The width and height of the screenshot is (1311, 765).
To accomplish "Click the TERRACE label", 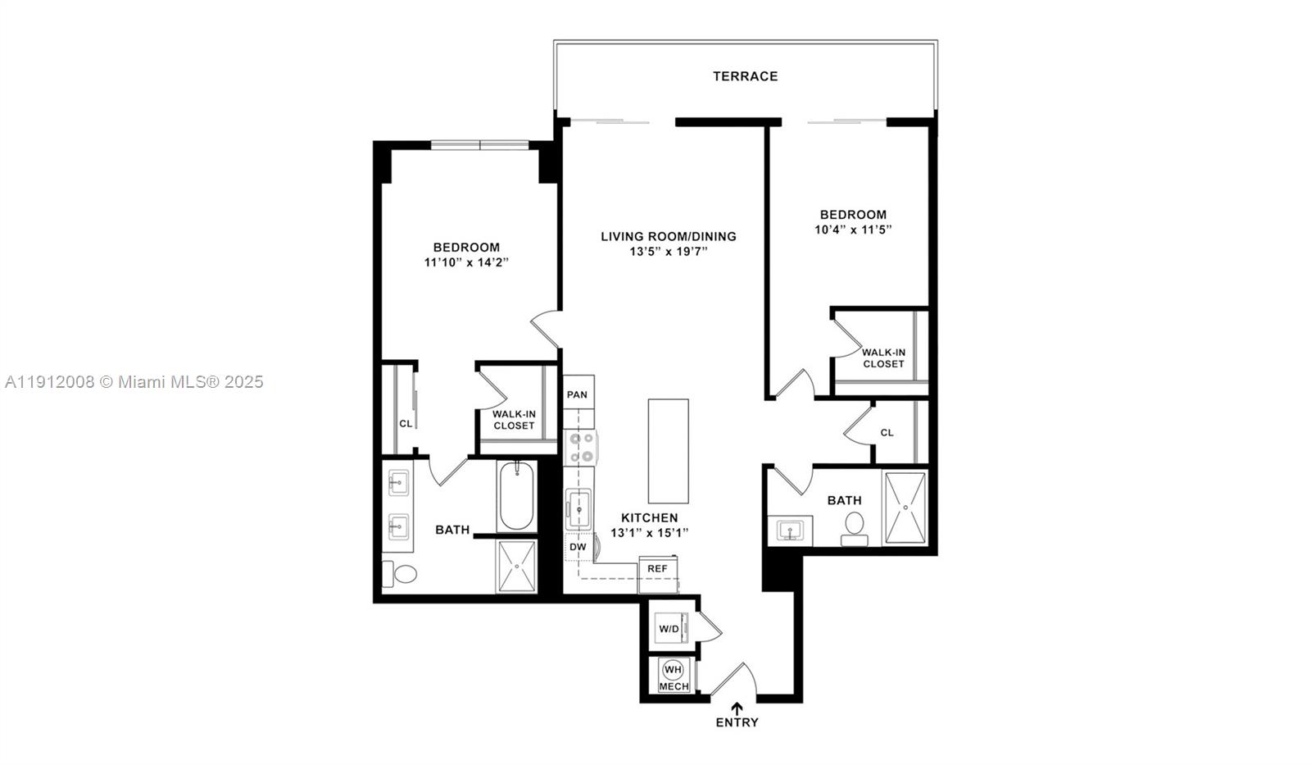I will [x=745, y=76].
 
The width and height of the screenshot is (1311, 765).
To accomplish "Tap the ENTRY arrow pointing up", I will [x=737, y=708].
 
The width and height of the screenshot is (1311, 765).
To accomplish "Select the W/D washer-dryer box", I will [x=669, y=629].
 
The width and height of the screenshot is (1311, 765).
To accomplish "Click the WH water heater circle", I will [x=673, y=669].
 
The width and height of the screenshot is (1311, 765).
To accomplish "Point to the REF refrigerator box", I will [x=657, y=568].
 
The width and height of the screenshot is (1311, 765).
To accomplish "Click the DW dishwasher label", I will [x=578, y=547].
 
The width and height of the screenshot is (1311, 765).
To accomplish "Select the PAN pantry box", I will [x=578, y=394].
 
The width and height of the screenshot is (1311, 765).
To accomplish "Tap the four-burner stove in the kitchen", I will [x=582, y=448].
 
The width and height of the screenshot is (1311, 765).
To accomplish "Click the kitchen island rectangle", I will [x=668, y=451].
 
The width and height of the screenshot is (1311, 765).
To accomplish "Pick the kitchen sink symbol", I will [x=578, y=510].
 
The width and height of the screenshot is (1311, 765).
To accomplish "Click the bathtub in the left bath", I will [x=516, y=496].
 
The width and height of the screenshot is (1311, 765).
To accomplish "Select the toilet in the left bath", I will [x=402, y=575].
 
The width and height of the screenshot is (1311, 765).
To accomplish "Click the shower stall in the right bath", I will [x=905, y=508].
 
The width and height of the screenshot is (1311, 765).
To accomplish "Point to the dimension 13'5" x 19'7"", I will [x=668, y=252].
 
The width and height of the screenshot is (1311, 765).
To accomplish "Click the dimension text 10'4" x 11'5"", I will [x=852, y=230].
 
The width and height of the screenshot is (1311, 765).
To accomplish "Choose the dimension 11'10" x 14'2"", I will [x=466, y=262].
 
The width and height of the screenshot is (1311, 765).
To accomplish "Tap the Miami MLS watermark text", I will [x=134, y=382].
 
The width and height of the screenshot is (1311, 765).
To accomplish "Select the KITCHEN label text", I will [x=649, y=517].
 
